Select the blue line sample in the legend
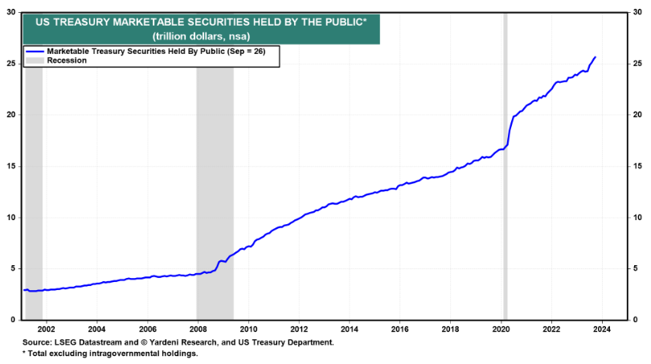coord(35,51)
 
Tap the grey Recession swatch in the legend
coord(35,60)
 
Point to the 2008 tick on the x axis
coord(197,329)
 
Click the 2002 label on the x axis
coord(45,329)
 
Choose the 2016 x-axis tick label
coord(399,329)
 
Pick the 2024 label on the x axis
coord(602,329)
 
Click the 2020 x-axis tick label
coord(501,329)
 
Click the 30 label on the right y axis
coord(635,12)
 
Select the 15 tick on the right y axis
coord(635,166)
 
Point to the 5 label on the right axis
coord(633,269)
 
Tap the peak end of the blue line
coord(595,57)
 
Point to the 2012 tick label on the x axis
coord(298,329)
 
